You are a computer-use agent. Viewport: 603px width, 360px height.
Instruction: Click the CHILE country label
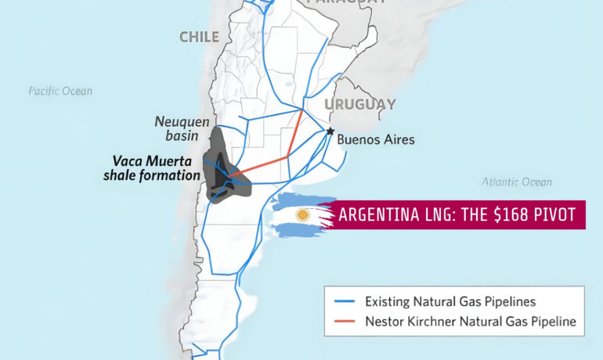199,37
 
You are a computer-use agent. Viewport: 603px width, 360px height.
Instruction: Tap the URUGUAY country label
360,104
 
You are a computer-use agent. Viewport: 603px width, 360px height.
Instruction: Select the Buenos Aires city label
375,140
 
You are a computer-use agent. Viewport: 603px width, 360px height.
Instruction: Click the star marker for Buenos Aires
330,131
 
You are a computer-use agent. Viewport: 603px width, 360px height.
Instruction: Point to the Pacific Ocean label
60,91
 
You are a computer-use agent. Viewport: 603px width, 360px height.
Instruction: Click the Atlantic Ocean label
516,182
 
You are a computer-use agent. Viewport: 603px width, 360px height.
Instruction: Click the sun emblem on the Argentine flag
301,214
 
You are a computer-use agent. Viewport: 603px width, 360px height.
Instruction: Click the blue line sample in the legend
345,301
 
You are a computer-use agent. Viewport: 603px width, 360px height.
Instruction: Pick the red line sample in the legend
345,321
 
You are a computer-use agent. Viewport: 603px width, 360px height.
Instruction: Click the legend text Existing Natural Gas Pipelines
450,301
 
